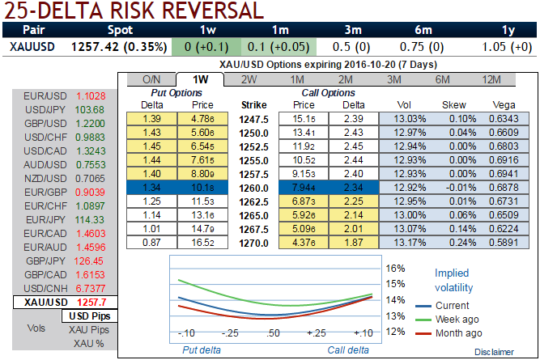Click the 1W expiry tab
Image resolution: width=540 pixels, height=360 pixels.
[x=198, y=79]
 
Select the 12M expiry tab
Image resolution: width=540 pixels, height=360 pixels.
[x=491, y=79]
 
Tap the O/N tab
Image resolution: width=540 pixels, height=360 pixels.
[x=151, y=79]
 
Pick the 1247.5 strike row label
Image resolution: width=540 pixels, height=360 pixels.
[x=253, y=117]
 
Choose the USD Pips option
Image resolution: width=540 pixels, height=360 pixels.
[x=90, y=316]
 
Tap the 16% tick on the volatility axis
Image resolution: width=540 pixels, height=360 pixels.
[x=395, y=268]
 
